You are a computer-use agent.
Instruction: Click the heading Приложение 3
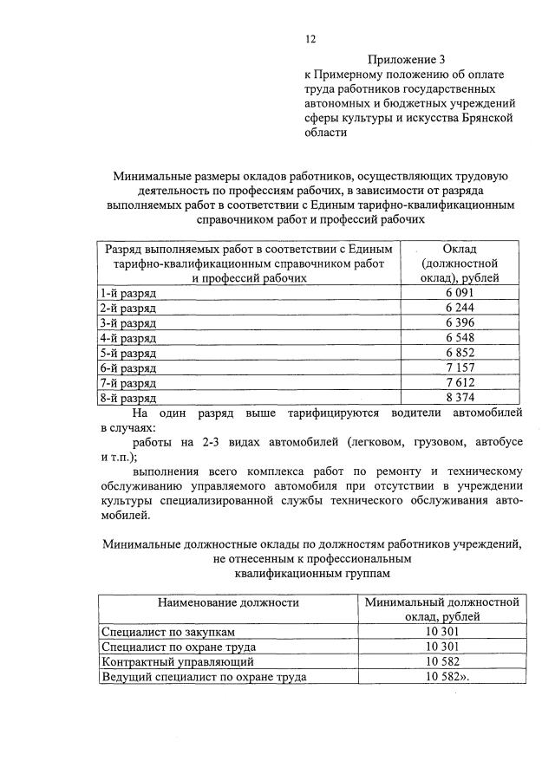(x=406, y=60)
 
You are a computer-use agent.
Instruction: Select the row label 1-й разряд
(x=127, y=293)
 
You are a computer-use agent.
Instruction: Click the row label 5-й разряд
(x=127, y=353)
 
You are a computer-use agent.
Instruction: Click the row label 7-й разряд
(x=127, y=382)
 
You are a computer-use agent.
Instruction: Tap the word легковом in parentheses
(x=378, y=442)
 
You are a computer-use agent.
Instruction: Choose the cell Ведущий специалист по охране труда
(x=204, y=677)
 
